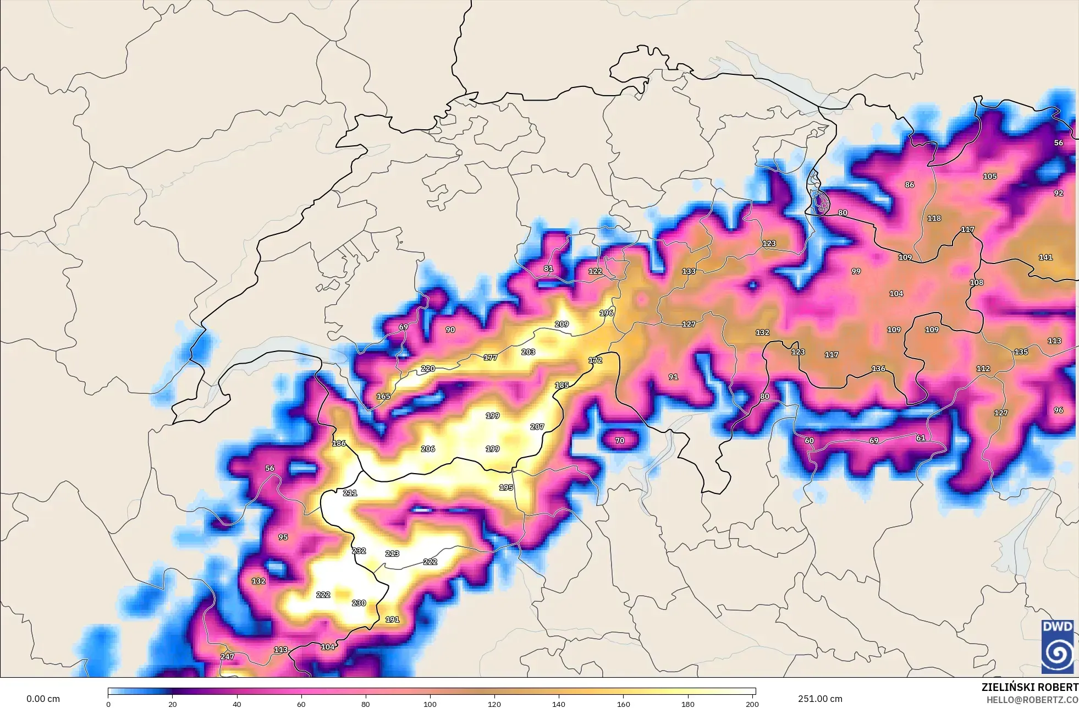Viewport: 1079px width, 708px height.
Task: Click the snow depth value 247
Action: [x=227, y=656]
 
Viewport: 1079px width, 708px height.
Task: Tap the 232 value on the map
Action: [x=359, y=551]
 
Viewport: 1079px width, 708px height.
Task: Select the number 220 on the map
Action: [x=428, y=369]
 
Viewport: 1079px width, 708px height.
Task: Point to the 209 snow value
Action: [x=561, y=324]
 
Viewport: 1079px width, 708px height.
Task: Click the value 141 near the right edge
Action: [x=1045, y=257]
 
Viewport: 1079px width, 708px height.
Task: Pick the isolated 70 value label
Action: [x=620, y=441]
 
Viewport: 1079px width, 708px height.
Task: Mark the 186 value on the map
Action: [x=339, y=443]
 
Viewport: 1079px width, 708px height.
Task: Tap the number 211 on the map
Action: [x=350, y=493]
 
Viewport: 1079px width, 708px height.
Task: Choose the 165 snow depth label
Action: [x=383, y=396]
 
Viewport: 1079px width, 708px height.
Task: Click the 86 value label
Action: [x=910, y=185]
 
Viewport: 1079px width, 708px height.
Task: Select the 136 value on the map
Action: [x=878, y=369]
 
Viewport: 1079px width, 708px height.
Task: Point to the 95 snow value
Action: [x=283, y=537]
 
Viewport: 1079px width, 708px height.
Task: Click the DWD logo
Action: [x=1058, y=646]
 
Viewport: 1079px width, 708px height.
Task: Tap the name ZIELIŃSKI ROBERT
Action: [x=1030, y=687]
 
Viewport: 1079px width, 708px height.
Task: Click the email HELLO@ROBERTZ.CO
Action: [x=1032, y=700]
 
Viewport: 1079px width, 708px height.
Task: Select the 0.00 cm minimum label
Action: [x=43, y=699]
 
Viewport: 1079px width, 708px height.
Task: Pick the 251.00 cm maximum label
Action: [x=820, y=699]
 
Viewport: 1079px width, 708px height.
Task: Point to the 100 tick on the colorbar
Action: [x=430, y=704]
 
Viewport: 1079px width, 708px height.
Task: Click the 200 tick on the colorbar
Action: [x=752, y=704]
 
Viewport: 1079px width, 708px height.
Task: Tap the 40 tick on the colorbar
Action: [x=237, y=704]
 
